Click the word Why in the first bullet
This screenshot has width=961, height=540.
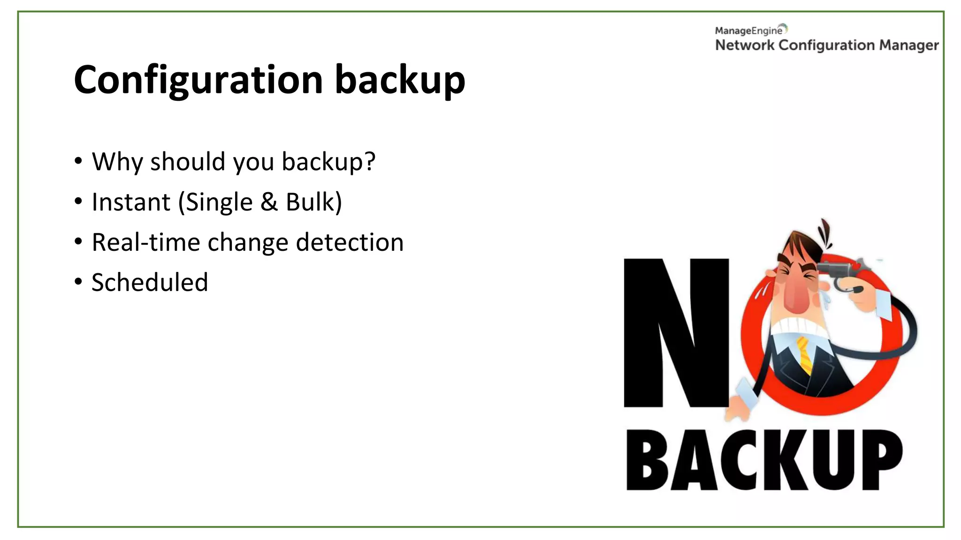point(117,162)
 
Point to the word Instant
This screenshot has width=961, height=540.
point(131,202)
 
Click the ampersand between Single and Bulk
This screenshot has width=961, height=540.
point(269,202)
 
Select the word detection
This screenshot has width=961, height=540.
point(349,243)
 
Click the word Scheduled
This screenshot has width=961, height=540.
point(150,283)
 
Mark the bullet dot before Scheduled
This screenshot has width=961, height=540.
point(78,282)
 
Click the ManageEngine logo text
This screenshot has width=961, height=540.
point(749,31)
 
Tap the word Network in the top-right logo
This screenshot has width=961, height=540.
point(745,45)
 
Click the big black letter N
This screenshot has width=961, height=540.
point(676,333)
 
